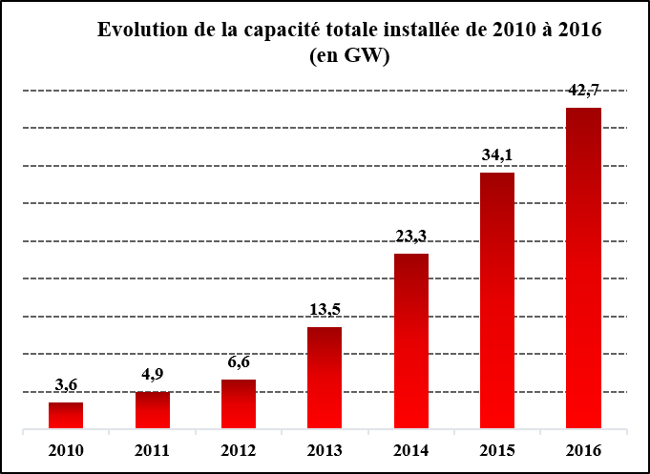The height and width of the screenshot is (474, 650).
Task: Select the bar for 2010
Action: coord(66,416)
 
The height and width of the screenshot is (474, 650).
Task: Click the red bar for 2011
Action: coord(153,410)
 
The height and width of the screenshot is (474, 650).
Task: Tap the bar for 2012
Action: coord(239,404)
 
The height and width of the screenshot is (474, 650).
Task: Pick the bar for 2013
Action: coord(325,378)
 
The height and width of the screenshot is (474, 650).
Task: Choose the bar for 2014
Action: coord(411,341)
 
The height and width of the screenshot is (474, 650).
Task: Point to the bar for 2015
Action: coord(497,300)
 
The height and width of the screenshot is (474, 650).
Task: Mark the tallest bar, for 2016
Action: coord(583,268)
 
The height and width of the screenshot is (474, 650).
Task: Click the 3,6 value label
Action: coord(66,385)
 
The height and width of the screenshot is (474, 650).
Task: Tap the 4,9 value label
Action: coord(153,375)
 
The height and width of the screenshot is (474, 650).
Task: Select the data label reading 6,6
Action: coord(239,362)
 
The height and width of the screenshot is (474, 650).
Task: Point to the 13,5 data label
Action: coord(325,310)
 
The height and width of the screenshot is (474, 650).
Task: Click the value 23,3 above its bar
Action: coord(411,237)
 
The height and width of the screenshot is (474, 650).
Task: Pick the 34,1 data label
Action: coord(497,155)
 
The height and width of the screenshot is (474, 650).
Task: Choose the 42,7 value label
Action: coord(583,91)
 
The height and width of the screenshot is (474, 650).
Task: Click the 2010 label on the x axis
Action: coord(66,450)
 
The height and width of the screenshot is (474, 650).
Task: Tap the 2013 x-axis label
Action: coord(325,450)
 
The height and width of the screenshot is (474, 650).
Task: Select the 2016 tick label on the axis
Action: coord(583,450)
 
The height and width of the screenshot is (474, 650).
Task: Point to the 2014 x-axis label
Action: coord(411,450)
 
